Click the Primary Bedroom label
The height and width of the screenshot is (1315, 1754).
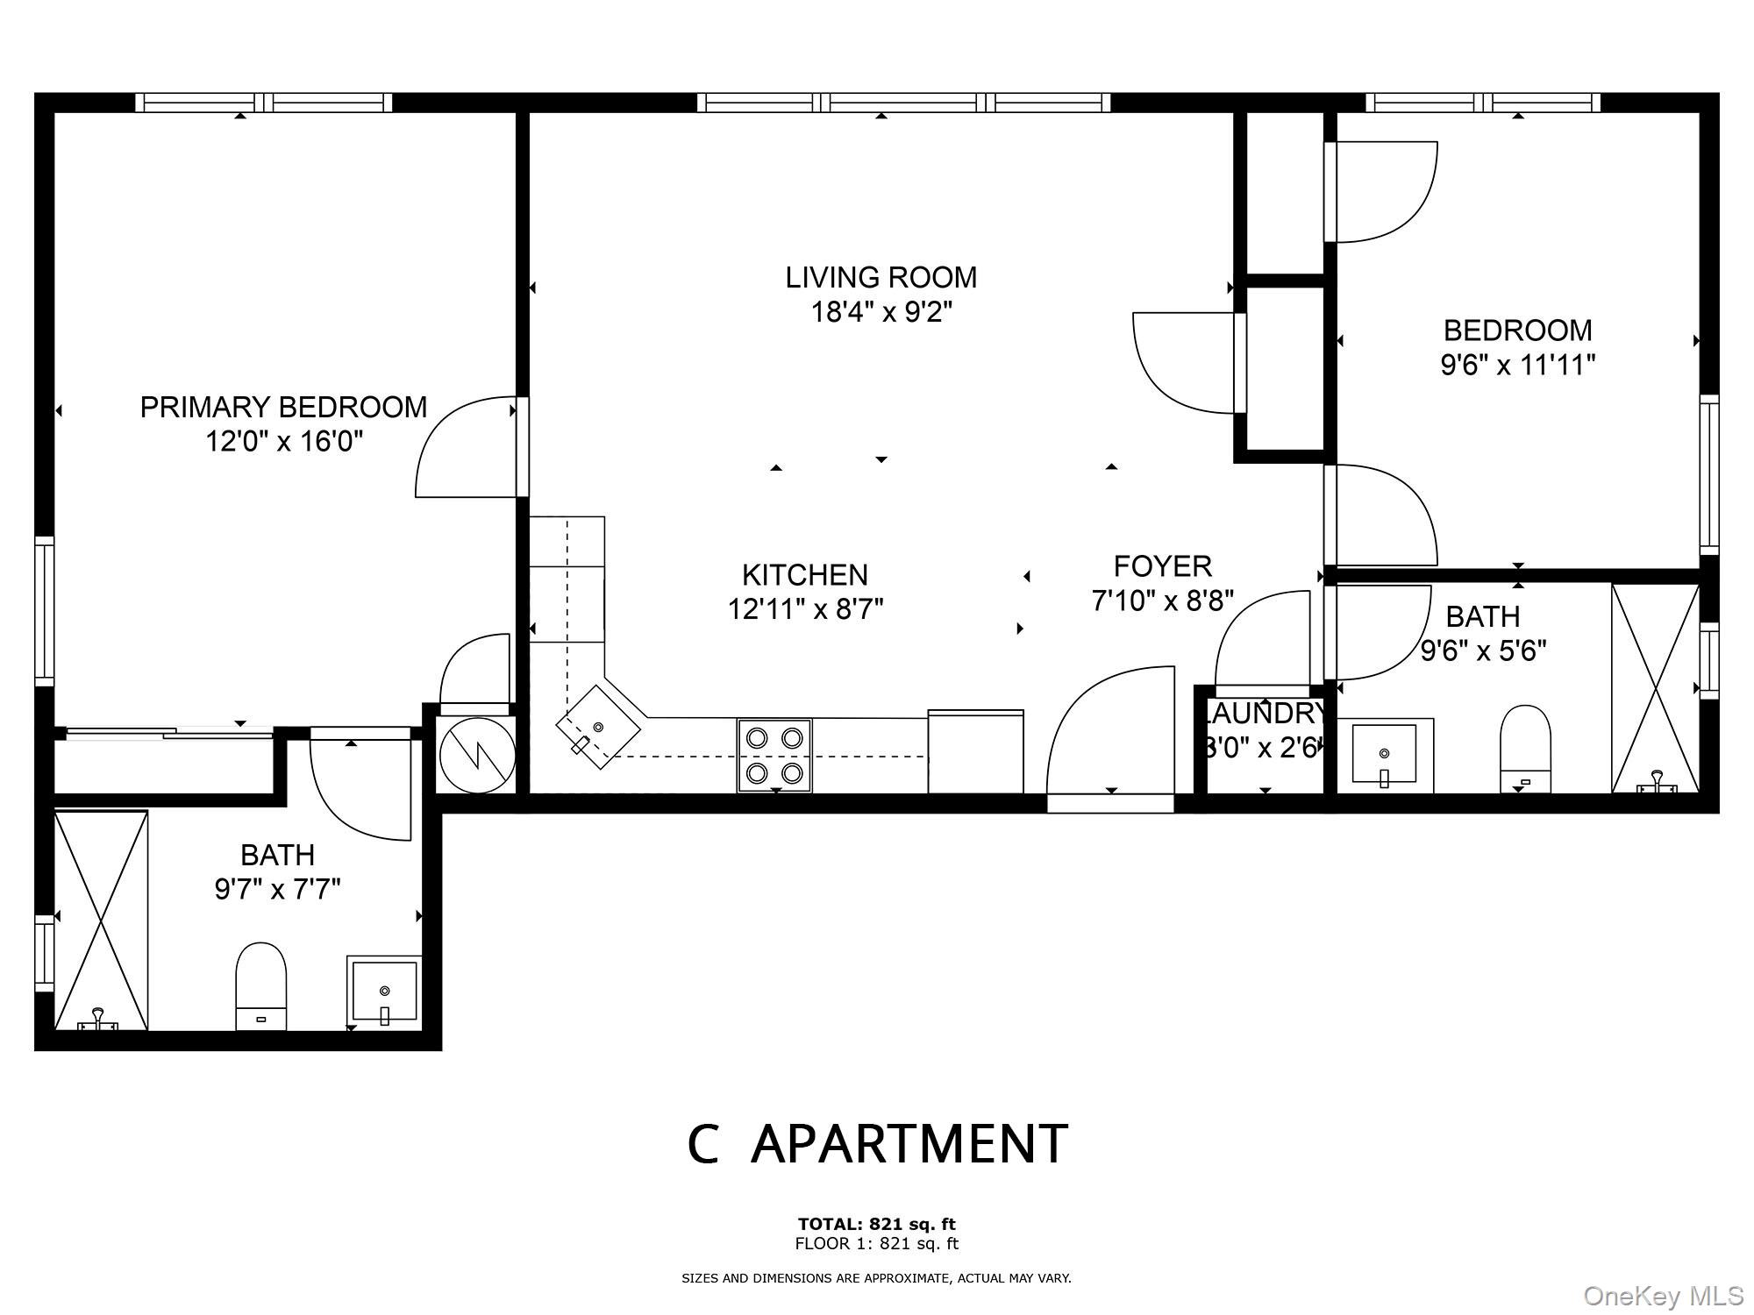coord(283,407)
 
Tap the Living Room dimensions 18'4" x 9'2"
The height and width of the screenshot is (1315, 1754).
coord(881,311)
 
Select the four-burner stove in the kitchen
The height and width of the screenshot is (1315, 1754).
coord(774,755)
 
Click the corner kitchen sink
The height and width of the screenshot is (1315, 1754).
coord(598,728)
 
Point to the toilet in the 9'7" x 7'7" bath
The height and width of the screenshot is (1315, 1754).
coord(261,985)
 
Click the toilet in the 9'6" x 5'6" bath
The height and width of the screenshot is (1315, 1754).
coord(1525,750)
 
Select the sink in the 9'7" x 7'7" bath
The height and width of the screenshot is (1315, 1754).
coord(384,992)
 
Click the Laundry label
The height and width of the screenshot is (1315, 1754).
coord(1265,714)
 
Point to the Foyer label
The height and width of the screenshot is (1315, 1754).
coord(1163,566)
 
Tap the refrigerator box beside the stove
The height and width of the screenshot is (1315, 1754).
coord(975,752)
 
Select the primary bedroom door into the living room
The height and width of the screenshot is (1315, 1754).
coord(467,447)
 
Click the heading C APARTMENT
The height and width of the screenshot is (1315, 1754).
coord(877,1143)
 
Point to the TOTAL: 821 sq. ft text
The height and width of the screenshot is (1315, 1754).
coord(876,1224)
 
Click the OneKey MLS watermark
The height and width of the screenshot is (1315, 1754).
coord(1664,1295)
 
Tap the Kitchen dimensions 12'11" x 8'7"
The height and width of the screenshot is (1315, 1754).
coord(805,608)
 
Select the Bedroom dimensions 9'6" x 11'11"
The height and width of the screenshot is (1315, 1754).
coord(1517,365)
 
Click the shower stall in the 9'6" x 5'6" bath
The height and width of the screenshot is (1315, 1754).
coord(1656,688)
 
